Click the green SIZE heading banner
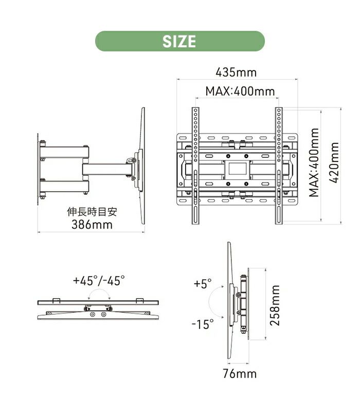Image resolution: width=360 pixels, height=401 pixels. [179, 41]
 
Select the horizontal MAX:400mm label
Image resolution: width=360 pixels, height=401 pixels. [240, 92]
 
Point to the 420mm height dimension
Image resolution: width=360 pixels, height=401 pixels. [335, 165]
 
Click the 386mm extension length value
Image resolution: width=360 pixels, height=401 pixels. [92, 225]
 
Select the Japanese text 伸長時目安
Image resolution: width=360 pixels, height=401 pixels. [92, 212]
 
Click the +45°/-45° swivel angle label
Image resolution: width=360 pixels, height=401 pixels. [98, 281]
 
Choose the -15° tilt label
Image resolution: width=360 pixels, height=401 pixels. [202, 324]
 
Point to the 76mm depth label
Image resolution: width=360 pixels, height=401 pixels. [239, 374]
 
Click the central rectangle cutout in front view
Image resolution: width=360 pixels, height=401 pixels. [237, 168]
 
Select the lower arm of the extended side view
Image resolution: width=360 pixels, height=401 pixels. [64, 185]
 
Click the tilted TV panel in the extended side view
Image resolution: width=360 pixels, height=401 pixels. [141, 165]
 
